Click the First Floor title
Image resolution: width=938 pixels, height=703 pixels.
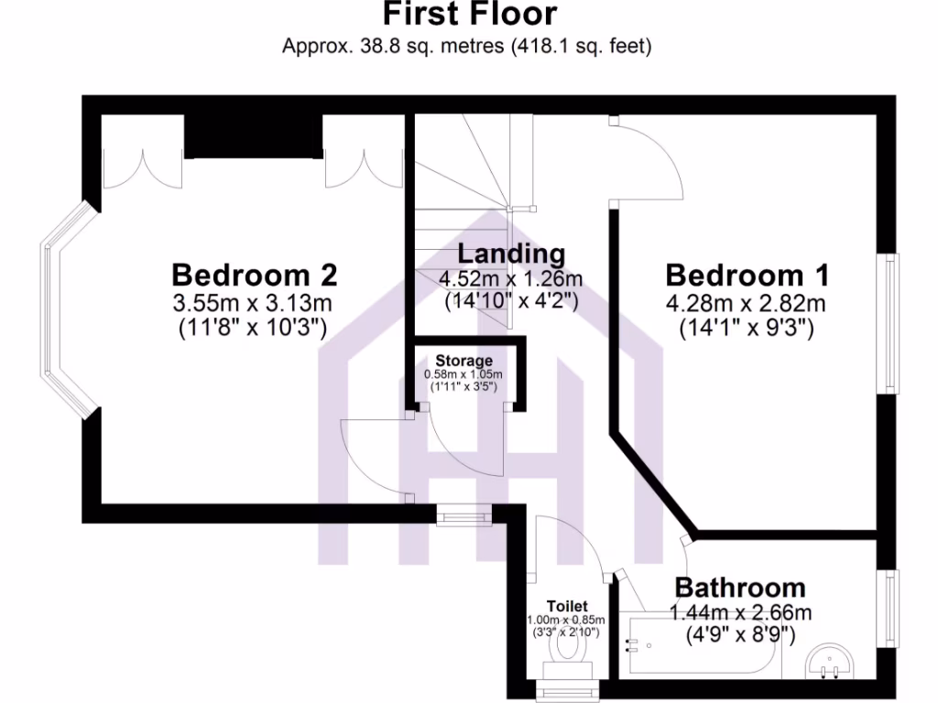(x=468, y=16)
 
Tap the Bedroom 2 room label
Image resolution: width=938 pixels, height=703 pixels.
(x=255, y=275)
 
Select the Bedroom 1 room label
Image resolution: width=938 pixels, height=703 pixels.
(x=747, y=275)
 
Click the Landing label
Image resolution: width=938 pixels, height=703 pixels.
(x=511, y=254)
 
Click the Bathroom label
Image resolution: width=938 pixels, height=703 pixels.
(x=740, y=587)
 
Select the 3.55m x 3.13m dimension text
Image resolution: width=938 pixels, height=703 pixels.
(x=255, y=303)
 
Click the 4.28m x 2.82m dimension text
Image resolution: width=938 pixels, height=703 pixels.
(x=747, y=303)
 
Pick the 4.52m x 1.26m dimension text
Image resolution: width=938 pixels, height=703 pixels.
(x=511, y=278)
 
